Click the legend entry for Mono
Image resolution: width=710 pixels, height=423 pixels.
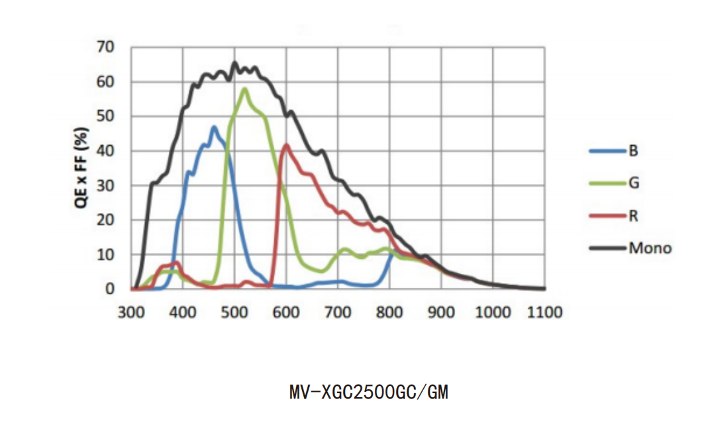pos(650,248)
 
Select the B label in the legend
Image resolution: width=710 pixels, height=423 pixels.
pos(633,151)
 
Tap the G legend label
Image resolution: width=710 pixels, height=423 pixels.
pos(634,183)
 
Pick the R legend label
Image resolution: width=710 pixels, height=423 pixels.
pos(633,216)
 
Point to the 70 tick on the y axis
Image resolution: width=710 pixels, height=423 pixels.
pos(106,47)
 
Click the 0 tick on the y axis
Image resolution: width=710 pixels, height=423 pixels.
pos(110,289)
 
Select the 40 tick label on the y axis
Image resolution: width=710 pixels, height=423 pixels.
pos(106,151)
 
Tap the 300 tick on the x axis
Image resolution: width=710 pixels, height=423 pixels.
pos(130,312)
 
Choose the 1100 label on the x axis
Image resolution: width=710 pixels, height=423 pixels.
pos(544,312)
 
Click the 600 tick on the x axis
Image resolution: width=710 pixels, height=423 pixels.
pos(285,312)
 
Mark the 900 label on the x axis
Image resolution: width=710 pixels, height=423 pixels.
pos(440,312)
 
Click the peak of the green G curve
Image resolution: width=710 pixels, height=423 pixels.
pos(244,89)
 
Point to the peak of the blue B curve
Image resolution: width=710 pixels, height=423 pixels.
pos(213,126)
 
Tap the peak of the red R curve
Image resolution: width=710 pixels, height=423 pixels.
pos(286,145)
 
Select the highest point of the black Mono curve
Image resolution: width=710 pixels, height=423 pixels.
pos(234,63)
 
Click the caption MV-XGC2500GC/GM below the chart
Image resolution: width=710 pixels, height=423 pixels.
pos(368,393)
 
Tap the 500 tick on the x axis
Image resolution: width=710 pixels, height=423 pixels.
pos(234,312)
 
